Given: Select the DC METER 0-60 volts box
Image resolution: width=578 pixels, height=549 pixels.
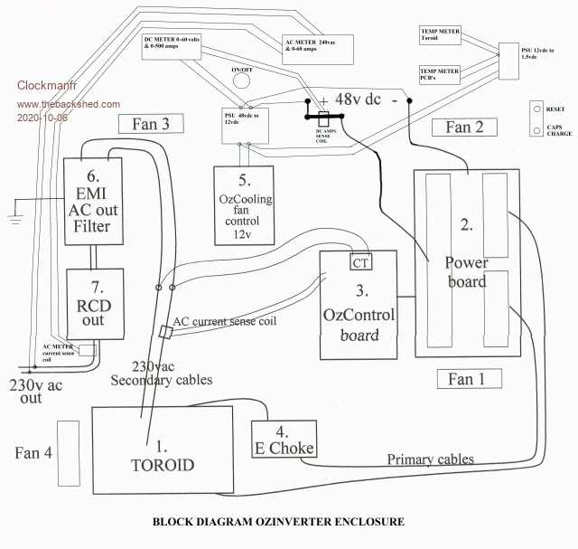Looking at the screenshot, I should [x=177, y=45].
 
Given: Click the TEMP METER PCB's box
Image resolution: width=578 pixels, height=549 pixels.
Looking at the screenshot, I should [x=441, y=75].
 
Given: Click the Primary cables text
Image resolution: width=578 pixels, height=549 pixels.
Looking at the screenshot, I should [x=430, y=459].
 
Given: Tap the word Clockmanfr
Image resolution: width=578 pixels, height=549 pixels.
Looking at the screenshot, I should [x=47, y=87].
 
